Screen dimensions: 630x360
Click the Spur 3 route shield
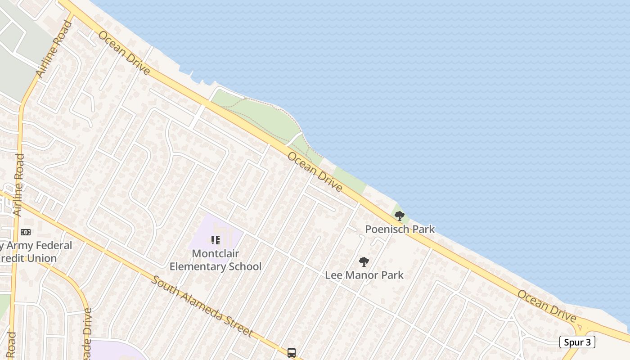click(577, 342)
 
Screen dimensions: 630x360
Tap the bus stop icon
click(292, 352)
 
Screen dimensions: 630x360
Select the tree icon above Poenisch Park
click(399, 216)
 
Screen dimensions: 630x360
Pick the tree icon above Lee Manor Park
click(364, 261)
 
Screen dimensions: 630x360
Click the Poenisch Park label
click(400, 229)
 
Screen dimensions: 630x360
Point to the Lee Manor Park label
click(364, 275)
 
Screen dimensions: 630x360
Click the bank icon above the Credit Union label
click(26, 232)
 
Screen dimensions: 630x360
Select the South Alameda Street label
click(201, 306)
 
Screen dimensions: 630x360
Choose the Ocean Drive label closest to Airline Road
click(124, 53)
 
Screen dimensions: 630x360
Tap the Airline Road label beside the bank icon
click(19, 184)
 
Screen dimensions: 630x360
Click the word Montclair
click(216, 253)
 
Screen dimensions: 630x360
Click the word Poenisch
click(383, 229)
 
